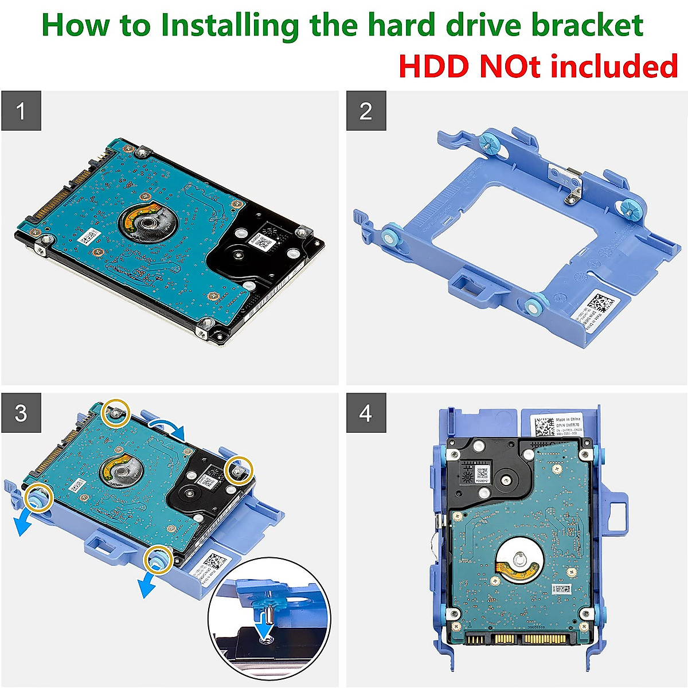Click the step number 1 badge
[x=21, y=111]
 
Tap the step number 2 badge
[x=366, y=111]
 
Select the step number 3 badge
[x=21, y=413]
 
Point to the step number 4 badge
[x=366, y=413]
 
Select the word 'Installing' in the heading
[x=229, y=26]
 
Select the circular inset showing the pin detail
[x=269, y=625]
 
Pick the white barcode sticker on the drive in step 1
[x=90, y=236]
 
